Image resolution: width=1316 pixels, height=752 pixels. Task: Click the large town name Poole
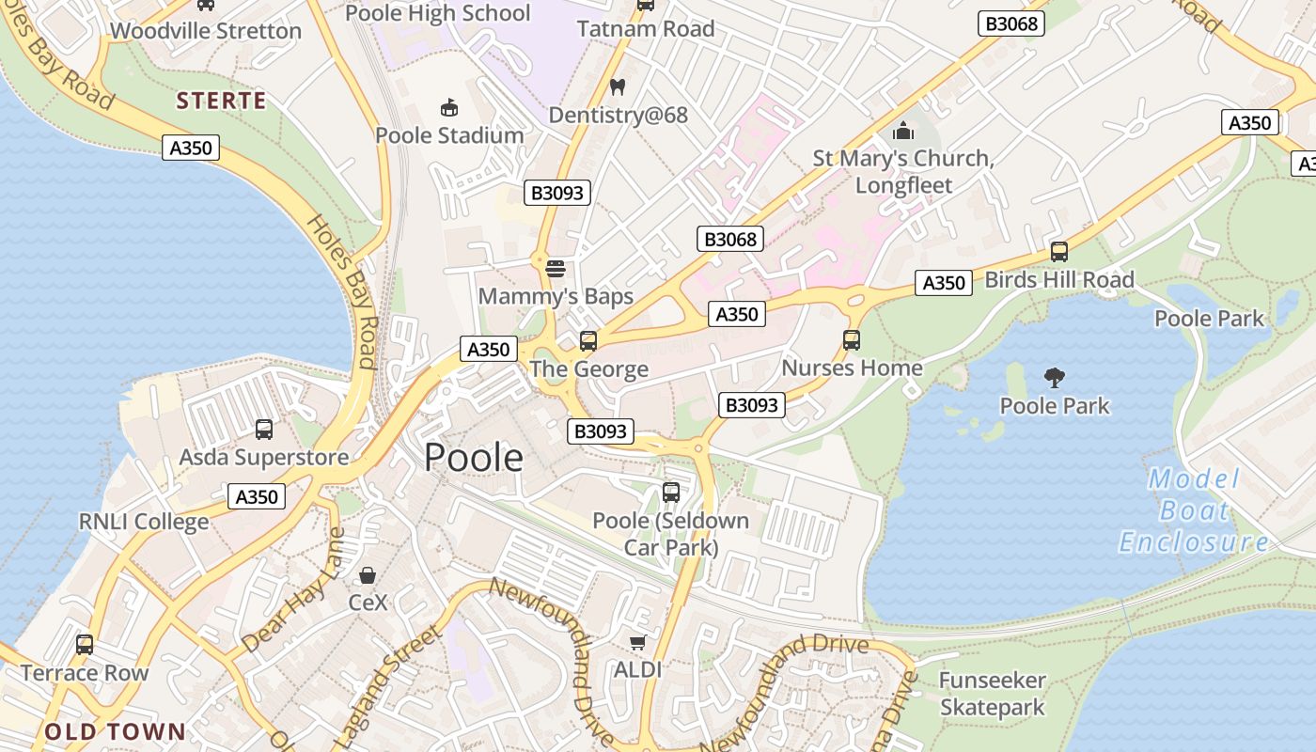[x=474, y=458]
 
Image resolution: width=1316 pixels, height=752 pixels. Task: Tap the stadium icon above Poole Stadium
[x=449, y=108]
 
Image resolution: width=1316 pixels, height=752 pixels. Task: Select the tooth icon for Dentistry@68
[x=618, y=87]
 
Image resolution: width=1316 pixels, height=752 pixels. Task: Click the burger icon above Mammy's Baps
[x=556, y=269]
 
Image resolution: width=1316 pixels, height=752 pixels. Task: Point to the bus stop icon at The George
[x=588, y=341]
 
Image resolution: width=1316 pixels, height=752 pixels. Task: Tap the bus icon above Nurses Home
[x=852, y=340]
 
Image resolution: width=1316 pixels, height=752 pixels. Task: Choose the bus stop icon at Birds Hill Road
[x=1059, y=252]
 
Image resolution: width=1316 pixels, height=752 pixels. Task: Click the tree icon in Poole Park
[x=1055, y=378]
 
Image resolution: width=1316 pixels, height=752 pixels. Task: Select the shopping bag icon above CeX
[x=368, y=574]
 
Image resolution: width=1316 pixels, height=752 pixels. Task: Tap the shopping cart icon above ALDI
[x=638, y=643]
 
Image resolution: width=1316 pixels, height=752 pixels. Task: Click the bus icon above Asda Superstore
[x=264, y=430]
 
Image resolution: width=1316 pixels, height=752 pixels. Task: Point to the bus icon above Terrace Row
[x=85, y=645]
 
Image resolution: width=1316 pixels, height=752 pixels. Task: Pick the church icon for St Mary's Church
[x=903, y=130]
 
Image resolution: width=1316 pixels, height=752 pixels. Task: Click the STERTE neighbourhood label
[x=222, y=101]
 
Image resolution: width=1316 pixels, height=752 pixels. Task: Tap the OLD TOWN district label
[x=116, y=731]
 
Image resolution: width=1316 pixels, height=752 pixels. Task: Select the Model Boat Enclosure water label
[x=1194, y=510]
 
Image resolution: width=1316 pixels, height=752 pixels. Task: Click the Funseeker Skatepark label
[x=993, y=694]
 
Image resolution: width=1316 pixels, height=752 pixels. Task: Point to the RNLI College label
[x=144, y=522]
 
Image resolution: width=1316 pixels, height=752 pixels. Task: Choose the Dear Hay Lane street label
[x=293, y=590]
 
